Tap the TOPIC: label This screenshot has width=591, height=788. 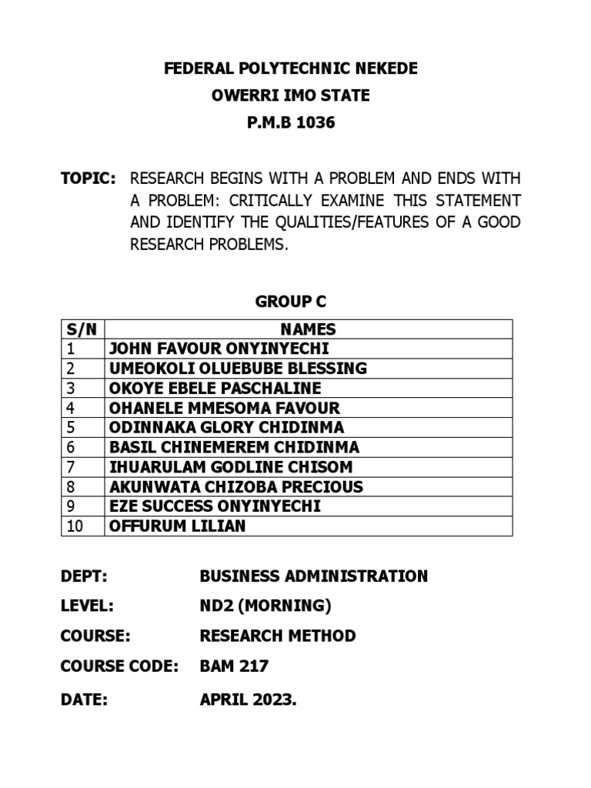88,179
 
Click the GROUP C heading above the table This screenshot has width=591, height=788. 291,302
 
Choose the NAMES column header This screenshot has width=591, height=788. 309,329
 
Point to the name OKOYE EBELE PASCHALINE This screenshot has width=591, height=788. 215,388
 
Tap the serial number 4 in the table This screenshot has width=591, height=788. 70,408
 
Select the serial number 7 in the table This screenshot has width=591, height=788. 70,467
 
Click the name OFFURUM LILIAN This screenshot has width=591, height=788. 179,526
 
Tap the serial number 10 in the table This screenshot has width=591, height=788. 74,526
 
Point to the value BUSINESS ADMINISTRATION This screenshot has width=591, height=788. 313,576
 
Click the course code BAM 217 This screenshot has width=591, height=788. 234,666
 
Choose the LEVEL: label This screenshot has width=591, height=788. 87,606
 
